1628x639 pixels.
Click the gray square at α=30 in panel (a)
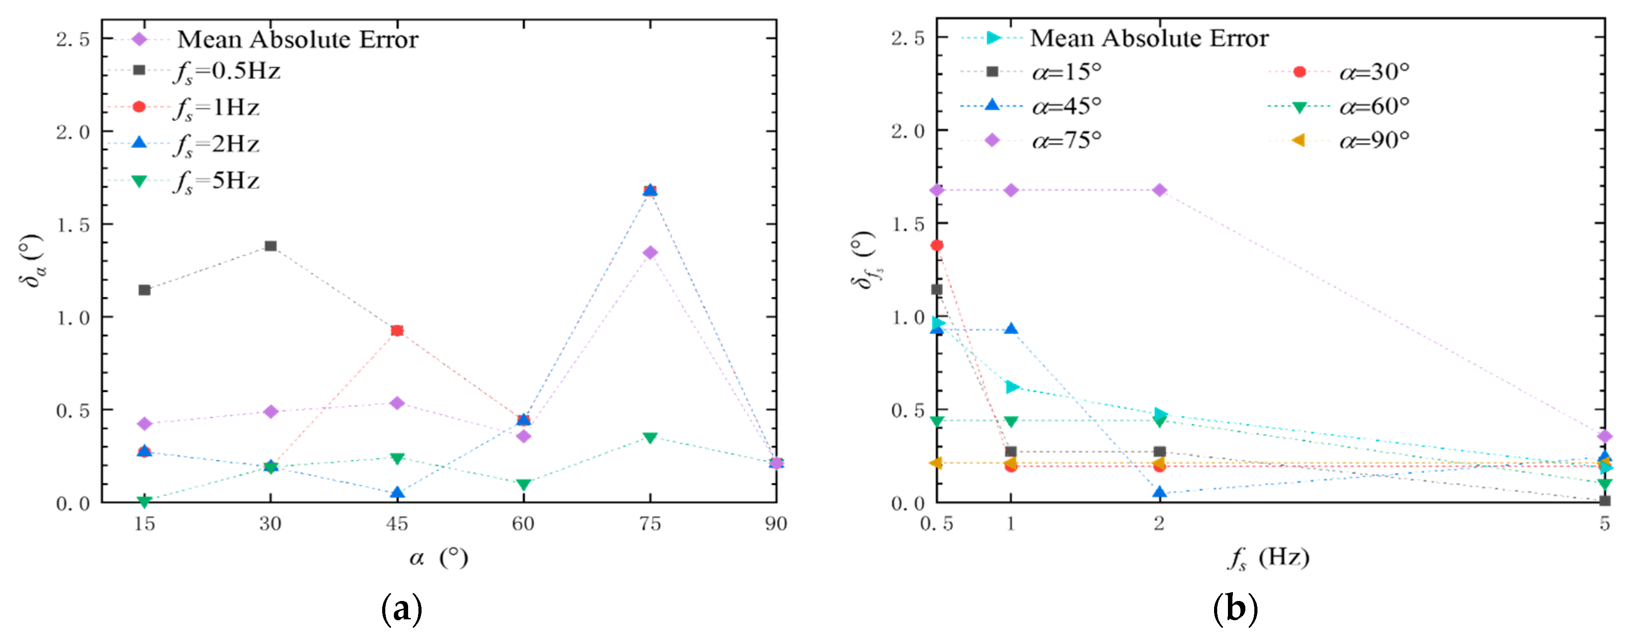270,245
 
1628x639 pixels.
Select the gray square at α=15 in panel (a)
144,290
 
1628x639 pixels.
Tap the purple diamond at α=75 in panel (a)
650,253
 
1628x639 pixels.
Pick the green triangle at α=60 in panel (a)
523,484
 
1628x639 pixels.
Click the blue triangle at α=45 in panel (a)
397,492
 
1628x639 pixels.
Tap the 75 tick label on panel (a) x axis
650,524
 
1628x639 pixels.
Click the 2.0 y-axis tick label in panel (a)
72,131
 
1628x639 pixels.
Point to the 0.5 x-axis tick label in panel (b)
937,524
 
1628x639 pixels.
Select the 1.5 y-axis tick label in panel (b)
908,224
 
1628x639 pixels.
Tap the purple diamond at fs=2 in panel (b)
1159,190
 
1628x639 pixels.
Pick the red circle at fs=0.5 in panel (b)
937,245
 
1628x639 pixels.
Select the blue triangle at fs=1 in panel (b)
1010,329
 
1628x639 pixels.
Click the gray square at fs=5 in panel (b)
1604,501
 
